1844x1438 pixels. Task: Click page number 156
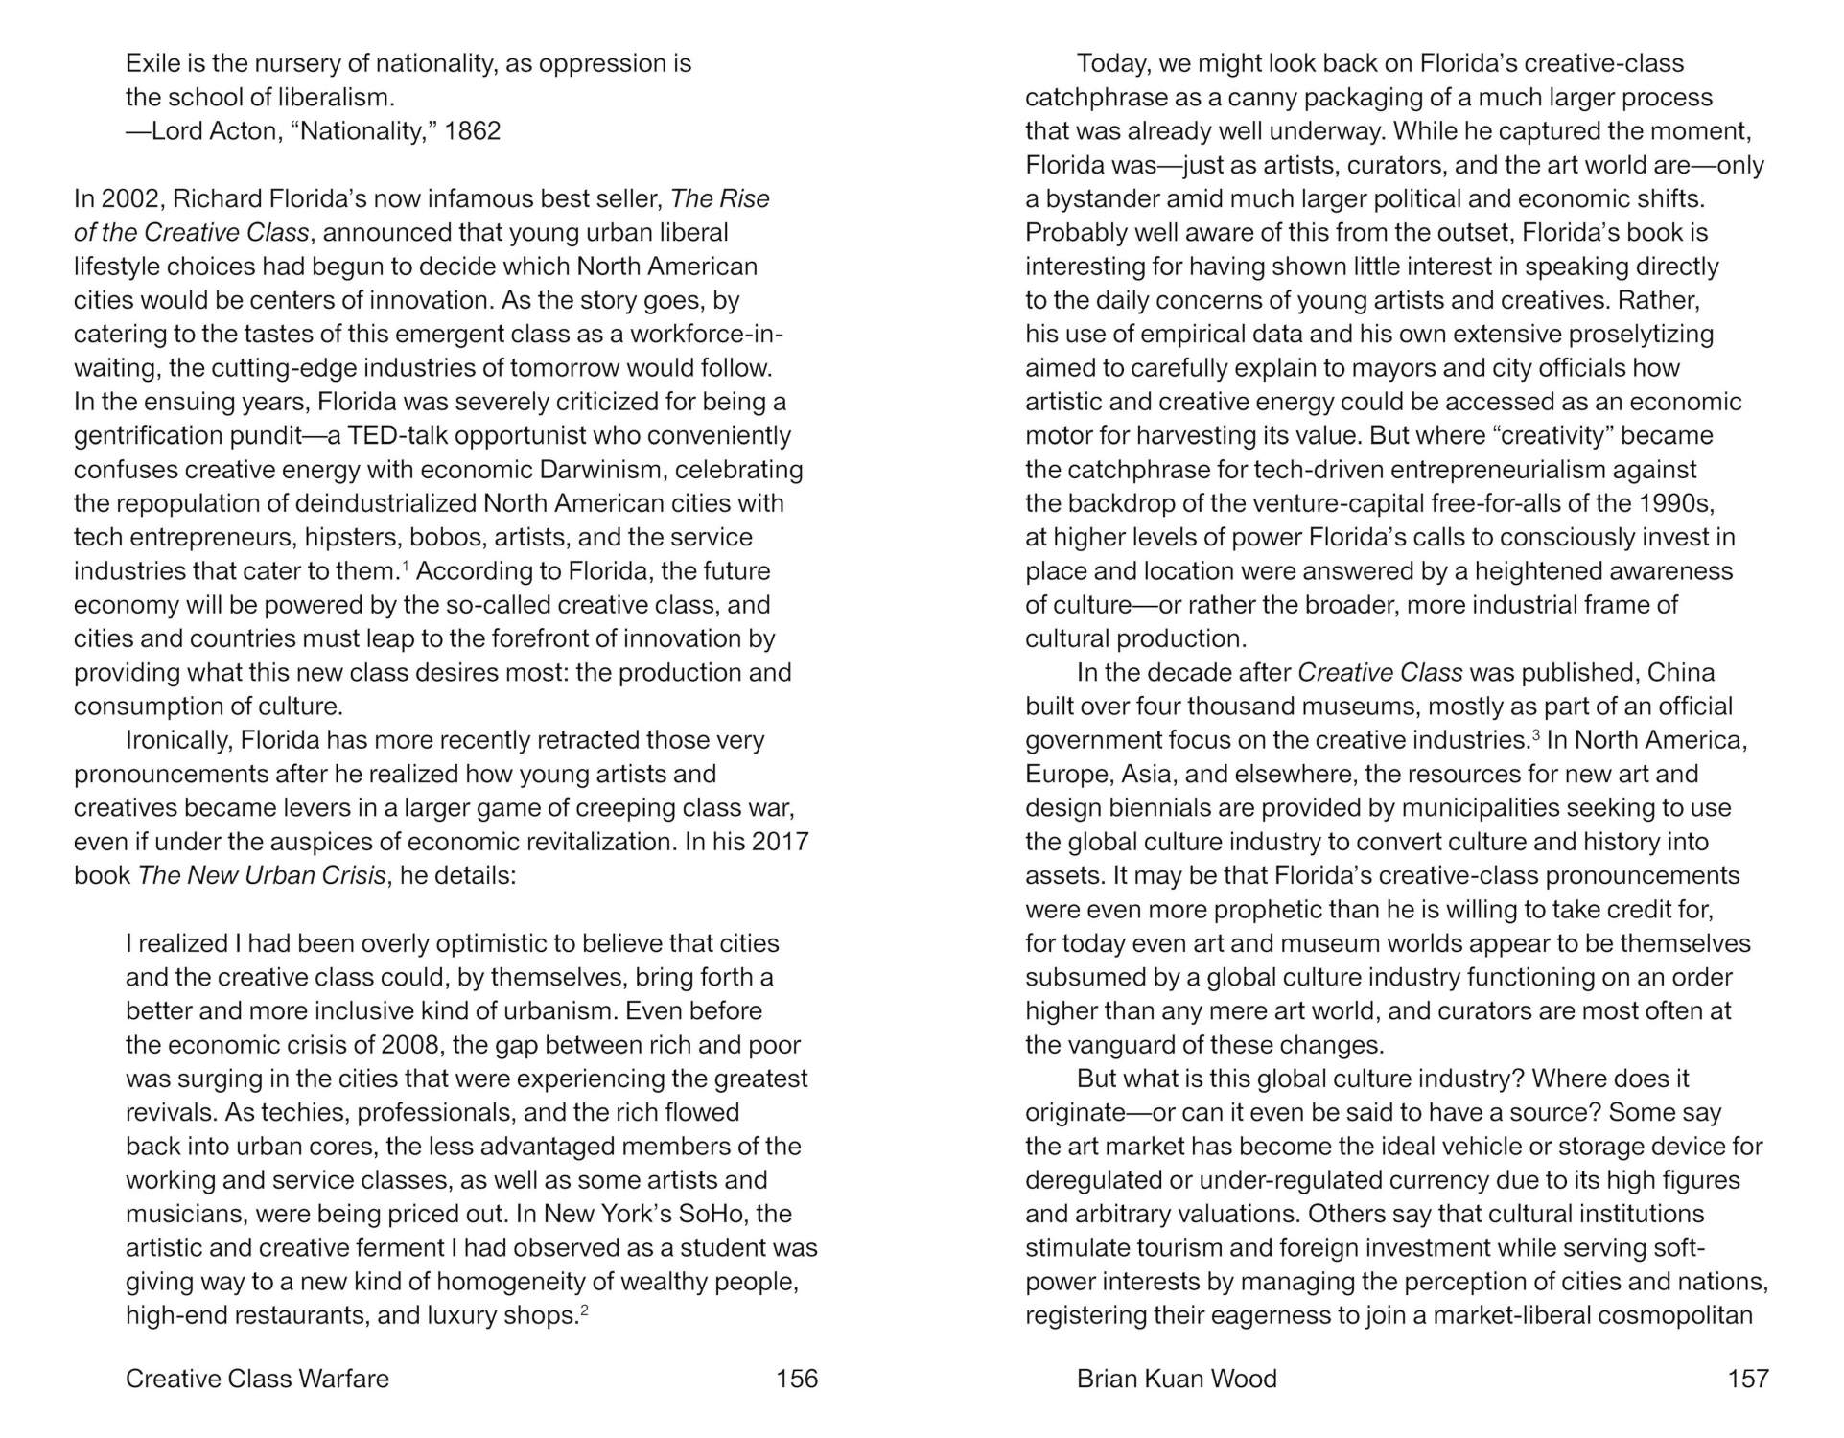[796, 1379]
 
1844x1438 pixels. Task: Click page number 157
[1747, 1379]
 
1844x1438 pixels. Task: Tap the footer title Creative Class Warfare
[257, 1379]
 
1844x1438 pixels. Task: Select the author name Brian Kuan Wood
[1177, 1379]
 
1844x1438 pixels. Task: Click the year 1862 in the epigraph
[473, 130]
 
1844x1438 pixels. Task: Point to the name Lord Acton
[216, 130]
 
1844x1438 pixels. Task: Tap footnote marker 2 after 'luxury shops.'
[584, 1310]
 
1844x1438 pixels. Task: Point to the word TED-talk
[397, 435]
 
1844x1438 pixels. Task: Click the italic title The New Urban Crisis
[262, 876]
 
